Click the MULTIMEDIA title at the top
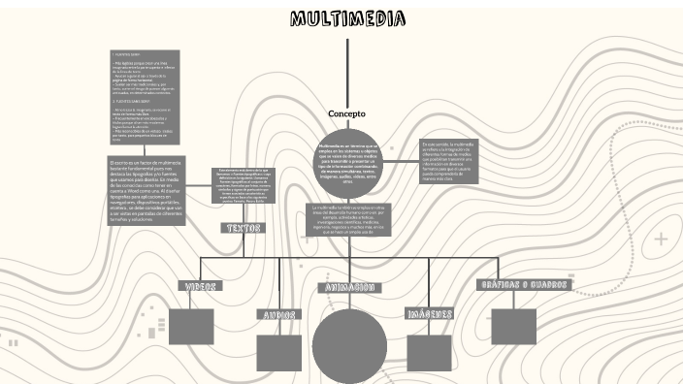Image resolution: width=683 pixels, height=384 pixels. (x=347, y=19)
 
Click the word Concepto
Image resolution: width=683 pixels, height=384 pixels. (x=346, y=113)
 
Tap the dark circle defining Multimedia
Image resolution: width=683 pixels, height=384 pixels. (x=347, y=163)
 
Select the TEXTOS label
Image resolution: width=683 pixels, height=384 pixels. (x=243, y=228)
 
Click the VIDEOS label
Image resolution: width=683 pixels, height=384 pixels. (x=200, y=286)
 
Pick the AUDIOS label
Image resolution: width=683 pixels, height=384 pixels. (x=278, y=314)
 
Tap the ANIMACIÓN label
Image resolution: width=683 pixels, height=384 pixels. (x=348, y=288)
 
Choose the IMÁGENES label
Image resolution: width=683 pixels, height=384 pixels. (x=430, y=314)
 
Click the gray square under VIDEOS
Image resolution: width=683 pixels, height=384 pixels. (x=191, y=326)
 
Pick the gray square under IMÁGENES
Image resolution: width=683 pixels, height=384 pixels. (x=430, y=353)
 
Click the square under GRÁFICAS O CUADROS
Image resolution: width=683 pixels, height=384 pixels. (x=513, y=326)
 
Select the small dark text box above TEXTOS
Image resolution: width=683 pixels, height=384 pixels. (x=243, y=186)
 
